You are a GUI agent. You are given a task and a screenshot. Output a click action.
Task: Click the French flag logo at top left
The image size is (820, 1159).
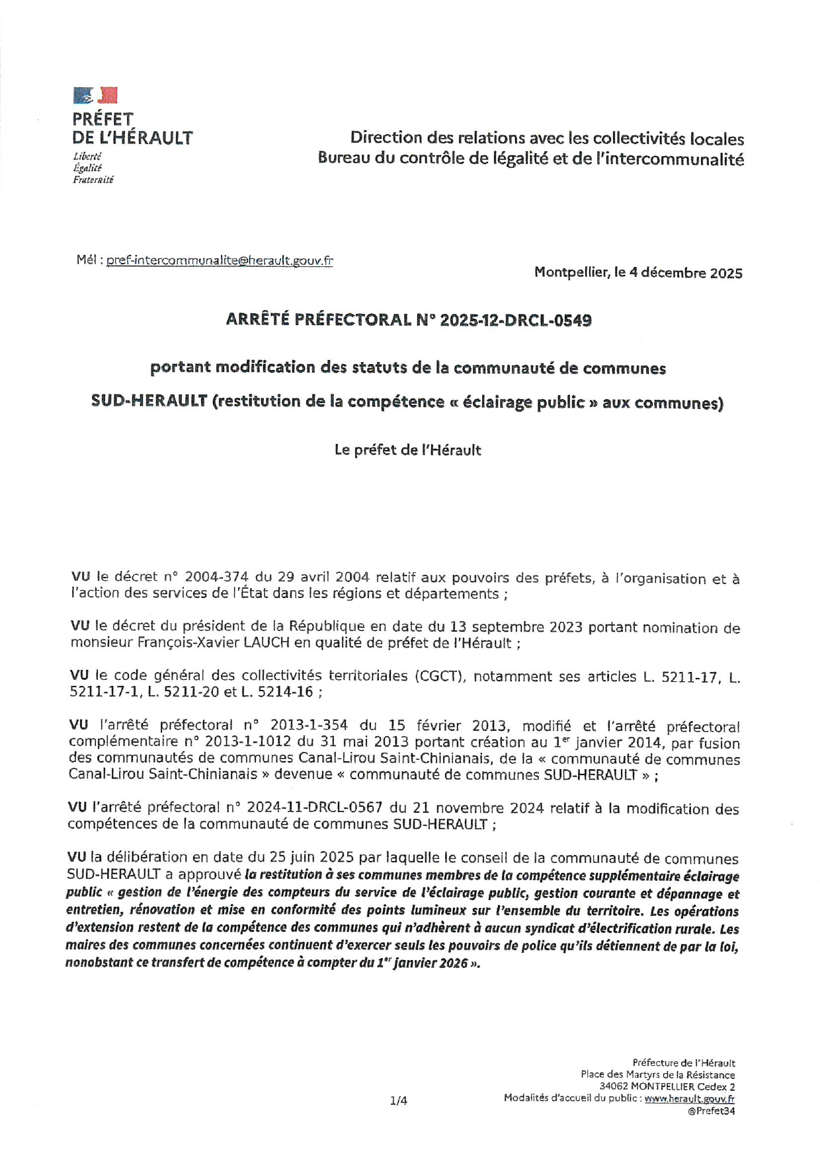tap(95, 95)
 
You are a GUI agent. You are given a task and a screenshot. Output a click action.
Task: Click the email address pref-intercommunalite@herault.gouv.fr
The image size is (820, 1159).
tap(220, 260)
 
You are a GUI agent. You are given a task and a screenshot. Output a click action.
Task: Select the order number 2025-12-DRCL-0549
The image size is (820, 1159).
tap(516, 320)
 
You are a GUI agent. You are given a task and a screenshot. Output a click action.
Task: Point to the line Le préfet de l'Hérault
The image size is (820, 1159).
tap(407, 450)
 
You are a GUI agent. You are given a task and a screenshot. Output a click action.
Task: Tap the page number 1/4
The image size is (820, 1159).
tap(399, 1101)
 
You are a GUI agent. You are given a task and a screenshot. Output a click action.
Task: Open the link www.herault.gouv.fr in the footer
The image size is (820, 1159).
tap(689, 1098)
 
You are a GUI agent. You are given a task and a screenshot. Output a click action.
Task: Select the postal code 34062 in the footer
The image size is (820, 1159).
tap(614, 1086)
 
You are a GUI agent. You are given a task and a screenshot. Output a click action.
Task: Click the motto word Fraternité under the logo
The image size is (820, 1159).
tap(93, 180)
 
